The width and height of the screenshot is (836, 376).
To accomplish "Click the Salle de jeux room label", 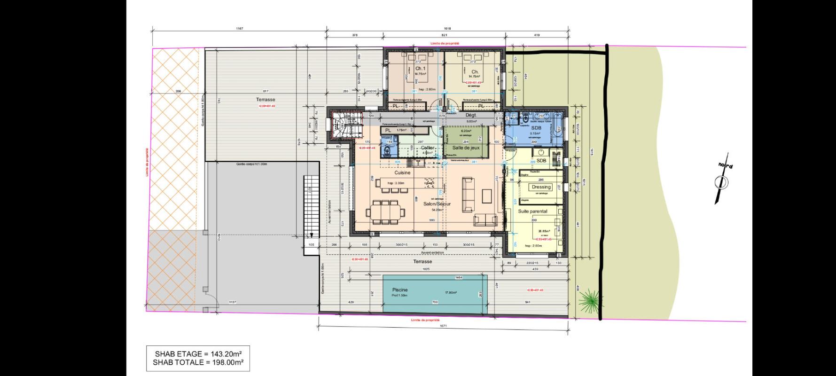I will pos(466,148).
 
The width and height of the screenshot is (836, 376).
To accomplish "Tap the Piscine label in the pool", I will pos(400,290).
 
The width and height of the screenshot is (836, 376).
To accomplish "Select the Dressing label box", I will pos(541,187).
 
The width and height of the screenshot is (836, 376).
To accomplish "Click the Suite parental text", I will pos(532,211).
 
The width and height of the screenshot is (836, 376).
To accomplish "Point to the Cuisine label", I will pos(402,172).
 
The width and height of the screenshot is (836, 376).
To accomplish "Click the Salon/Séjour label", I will pos(437,204).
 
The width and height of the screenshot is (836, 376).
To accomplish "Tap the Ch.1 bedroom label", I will pos(420,69).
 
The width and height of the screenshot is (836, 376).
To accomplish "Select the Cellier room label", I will pos(427,148).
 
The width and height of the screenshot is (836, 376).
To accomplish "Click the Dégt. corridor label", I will pos(470,115).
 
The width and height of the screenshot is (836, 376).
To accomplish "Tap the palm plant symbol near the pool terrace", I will pos(586,299).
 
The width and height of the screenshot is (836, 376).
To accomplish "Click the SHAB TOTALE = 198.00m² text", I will pos(198,362).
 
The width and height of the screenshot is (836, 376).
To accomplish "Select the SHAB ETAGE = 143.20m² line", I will pos(198,353).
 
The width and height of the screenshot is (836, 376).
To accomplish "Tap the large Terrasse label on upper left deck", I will pos(266,100).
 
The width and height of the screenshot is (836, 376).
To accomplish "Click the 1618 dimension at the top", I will pos(447,29).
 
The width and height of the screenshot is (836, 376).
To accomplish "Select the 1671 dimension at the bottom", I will pos(443,326).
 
